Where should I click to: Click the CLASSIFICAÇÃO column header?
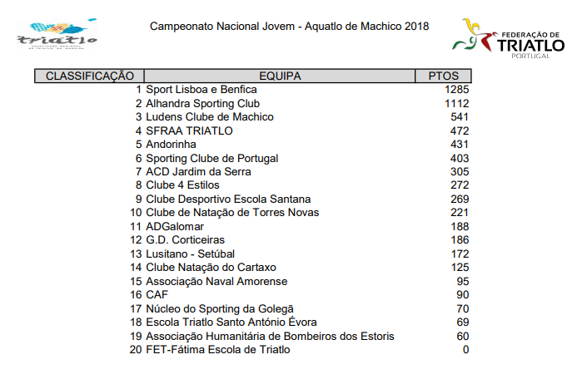89,76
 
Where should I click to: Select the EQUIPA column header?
280,76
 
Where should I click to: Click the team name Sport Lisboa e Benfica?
201,90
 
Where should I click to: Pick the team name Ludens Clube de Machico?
210,117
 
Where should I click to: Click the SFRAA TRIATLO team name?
189,130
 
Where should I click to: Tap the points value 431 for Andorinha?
460,145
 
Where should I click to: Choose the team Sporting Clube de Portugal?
211,158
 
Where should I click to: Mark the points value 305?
460,171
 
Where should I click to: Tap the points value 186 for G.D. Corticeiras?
460,239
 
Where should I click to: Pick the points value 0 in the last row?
465,349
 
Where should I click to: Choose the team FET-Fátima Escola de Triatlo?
218,349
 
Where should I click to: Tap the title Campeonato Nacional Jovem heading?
289,27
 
